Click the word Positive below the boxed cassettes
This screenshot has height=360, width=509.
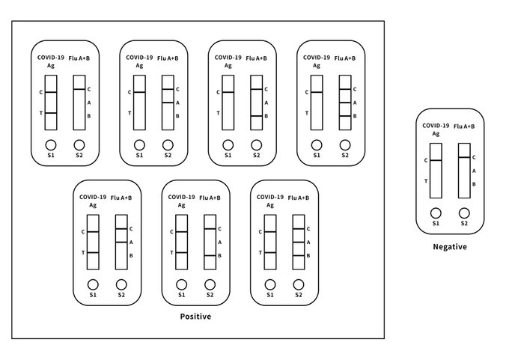[x=195, y=317]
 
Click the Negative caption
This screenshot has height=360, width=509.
[x=450, y=247]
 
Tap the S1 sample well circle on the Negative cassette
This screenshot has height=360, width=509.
[x=436, y=213]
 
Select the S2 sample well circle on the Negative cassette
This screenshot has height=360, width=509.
[x=464, y=213]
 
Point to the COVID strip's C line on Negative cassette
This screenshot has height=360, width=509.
[x=436, y=160]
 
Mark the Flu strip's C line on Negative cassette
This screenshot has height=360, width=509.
[x=464, y=157]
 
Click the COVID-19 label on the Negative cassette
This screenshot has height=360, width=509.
[x=436, y=126]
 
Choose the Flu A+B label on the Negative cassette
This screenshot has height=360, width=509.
[x=464, y=126]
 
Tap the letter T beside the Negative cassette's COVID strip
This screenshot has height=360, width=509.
[x=426, y=181]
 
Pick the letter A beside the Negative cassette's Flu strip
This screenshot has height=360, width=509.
[x=474, y=171]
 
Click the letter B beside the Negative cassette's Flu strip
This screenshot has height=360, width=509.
[x=474, y=184]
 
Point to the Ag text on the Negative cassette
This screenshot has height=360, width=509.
[x=436, y=134]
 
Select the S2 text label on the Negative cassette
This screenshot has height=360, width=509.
[x=464, y=223]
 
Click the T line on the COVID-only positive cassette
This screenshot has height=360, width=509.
[x=51, y=113]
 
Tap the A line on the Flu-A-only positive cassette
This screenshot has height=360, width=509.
[x=168, y=103]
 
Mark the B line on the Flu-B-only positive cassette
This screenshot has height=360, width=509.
[x=257, y=116]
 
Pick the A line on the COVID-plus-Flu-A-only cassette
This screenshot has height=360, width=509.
[x=121, y=242]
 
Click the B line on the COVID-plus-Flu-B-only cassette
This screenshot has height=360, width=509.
[x=210, y=256]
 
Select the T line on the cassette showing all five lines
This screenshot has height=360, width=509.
[x=270, y=252]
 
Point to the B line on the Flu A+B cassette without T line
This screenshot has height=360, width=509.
[x=345, y=116]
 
